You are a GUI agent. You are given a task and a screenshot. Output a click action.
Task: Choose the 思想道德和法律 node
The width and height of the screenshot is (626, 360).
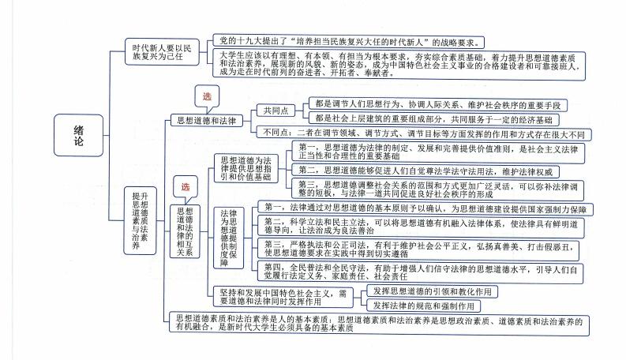click(x=204, y=120)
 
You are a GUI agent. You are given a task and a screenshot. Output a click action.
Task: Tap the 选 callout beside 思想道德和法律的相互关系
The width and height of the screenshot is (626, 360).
click(x=186, y=187)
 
